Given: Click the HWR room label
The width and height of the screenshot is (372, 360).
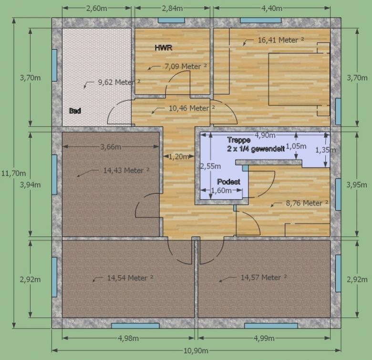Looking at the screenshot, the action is [164, 48].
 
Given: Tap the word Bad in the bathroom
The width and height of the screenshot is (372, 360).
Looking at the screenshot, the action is [75, 111].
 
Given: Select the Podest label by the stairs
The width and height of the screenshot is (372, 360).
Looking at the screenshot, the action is [229, 181].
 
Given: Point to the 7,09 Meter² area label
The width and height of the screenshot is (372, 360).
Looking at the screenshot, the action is [186, 66].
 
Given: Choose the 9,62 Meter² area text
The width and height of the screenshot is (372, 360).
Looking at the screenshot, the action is [119, 82].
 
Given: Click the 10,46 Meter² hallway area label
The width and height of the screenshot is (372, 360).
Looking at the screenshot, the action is [192, 108].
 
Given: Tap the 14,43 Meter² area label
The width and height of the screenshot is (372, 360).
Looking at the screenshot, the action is [126, 170].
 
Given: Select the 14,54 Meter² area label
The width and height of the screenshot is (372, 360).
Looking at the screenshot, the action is [130, 278].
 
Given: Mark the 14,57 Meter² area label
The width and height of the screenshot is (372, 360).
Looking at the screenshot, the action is [264, 277].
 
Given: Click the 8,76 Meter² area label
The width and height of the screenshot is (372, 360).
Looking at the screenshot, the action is [307, 203].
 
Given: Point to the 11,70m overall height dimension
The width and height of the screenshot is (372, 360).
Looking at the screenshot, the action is [13, 173].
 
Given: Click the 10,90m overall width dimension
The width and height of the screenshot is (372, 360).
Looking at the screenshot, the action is [196, 350].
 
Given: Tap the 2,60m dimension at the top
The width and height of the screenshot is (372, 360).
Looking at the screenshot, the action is [96, 8].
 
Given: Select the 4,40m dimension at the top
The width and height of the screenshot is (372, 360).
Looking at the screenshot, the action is [272, 8].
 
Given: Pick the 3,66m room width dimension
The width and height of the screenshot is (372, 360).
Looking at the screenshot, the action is [111, 147].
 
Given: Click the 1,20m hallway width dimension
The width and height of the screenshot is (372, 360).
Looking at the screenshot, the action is [179, 157].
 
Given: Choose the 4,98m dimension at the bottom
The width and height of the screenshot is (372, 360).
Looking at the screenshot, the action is [128, 338].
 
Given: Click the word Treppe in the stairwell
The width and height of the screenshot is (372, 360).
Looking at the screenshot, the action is [238, 140].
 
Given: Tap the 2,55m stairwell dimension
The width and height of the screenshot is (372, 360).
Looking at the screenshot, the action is [211, 166].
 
